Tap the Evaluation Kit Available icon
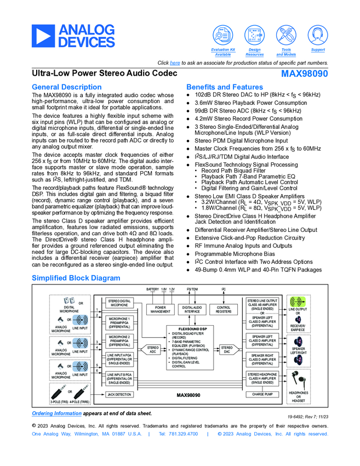click(223, 36)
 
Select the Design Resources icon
click(254, 36)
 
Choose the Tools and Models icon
click(286, 36)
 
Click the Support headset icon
click(318, 36)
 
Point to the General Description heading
click(66, 87)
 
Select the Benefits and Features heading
click(225, 87)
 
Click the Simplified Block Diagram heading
click(76, 278)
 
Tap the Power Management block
click(160, 310)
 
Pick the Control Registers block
click(224, 310)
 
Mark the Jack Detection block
click(119, 394)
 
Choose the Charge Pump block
click(262, 394)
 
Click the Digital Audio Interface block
click(192, 310)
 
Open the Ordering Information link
click(56, 413)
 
